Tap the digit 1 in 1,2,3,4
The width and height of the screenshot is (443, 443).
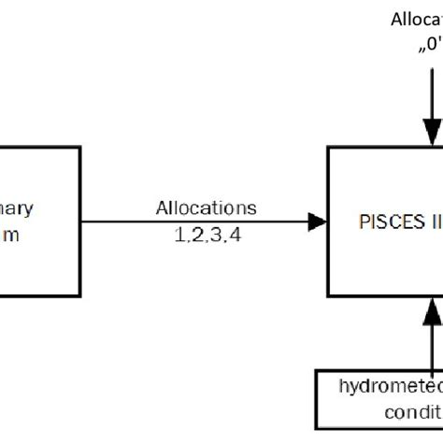[x=179, y=236]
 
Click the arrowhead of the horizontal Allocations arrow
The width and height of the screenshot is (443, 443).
[x=320, y=221]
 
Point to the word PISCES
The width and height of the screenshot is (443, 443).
[x=389, y=222]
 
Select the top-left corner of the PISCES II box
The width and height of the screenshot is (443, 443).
[x=329, y=148]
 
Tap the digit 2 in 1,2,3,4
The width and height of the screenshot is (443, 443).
[x=196, y=236]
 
